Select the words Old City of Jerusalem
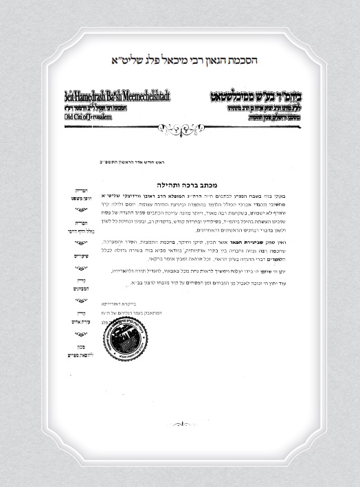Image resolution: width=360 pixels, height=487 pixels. coord(87,117)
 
